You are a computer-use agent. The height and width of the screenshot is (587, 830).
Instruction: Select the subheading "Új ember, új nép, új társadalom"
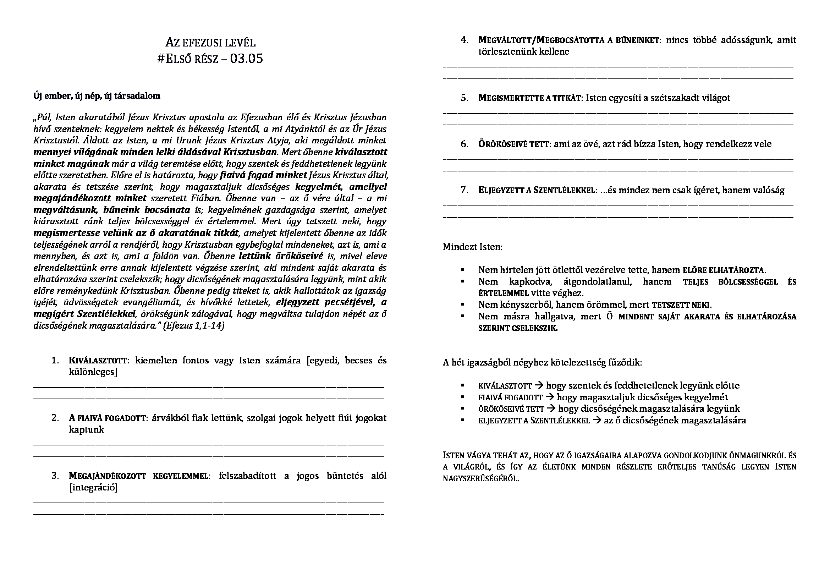click(x=97, y=96)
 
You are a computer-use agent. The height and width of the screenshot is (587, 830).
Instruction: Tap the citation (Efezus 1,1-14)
click(x=194, y=326)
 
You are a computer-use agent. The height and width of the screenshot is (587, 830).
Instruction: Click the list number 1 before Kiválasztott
click(x=55, y=360)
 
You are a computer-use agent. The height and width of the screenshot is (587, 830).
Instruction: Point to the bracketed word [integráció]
click(x=93, y=487)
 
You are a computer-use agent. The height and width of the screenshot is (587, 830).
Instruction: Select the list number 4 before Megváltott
click(x=465, y=40)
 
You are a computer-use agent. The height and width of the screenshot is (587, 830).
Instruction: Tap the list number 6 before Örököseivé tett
click(x=465, y=144)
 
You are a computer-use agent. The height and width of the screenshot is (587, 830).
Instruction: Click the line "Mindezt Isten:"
click(x=472, y=247)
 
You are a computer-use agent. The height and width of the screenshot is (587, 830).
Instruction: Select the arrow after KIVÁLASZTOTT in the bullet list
click(x=539, y=385)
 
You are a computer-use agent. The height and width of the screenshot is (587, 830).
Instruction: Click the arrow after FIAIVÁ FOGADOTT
click(x=549, y=397)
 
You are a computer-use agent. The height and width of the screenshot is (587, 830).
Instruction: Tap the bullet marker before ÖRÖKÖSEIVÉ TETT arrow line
click(x=463, y=409)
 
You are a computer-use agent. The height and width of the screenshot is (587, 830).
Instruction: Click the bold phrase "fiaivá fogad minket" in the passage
click(x=264, y=175)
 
